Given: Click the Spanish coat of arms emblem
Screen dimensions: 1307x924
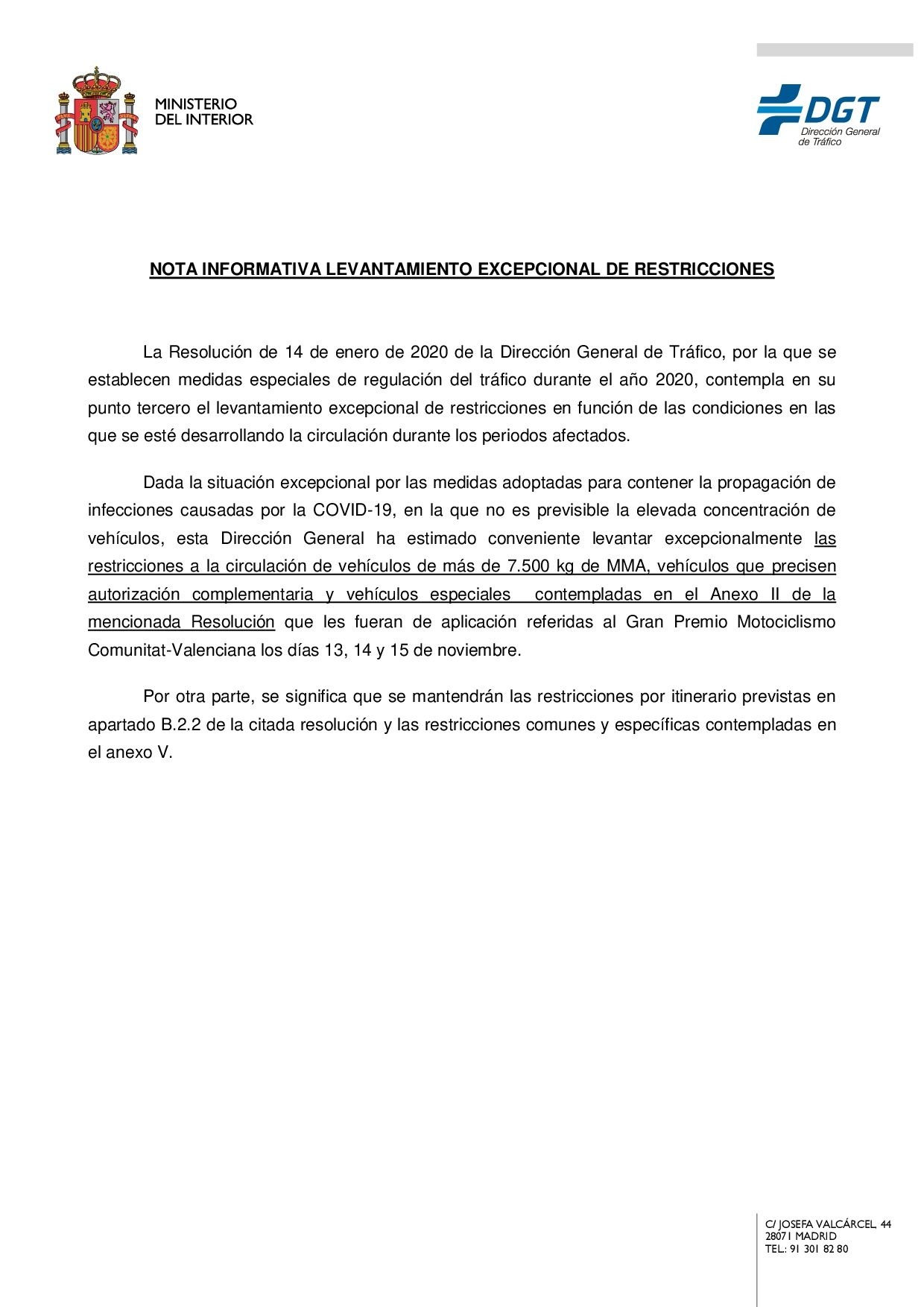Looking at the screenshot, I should (x=97, y=112).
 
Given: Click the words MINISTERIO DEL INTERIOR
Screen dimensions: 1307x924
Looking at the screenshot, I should (x=203, y=112).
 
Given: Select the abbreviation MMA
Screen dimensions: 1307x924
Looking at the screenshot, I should (x=626, y=566).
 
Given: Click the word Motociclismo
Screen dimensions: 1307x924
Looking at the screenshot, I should (x=786, y=622).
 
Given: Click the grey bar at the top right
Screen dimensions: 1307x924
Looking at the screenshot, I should (x=835, y=50).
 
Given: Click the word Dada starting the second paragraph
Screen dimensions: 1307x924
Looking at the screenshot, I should (x=163, y=483).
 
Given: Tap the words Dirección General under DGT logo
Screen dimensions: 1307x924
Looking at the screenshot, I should (x=840, y=132).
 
